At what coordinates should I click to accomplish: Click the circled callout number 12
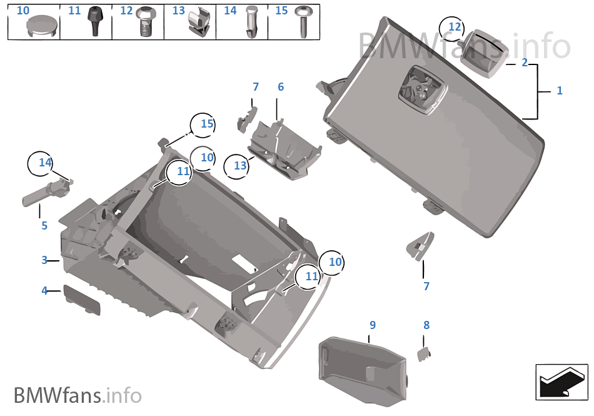[455, 28]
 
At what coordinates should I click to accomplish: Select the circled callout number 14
[45, 163]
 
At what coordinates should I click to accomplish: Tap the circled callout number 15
[206, 124]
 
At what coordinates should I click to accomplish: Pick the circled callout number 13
[241, 166]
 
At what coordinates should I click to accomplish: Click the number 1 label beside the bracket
[559, 91]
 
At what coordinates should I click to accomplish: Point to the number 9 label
[373, 325]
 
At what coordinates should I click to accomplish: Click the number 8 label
[426, 325]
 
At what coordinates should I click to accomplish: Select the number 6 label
[281, 87]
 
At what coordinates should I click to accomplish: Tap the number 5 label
[44, 226]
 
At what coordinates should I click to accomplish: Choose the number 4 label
[44, 290]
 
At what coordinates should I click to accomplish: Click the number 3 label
[44, 260]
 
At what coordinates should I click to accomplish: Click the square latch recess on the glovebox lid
[419, 91]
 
